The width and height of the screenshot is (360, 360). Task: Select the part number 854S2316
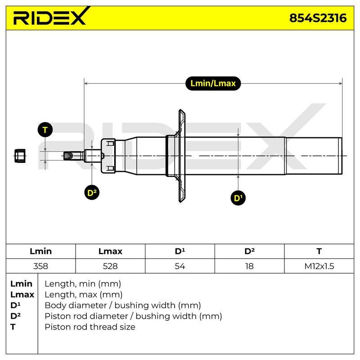[318, 18]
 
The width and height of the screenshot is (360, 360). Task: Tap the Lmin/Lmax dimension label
[213, 83]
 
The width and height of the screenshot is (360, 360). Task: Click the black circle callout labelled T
[45, 130]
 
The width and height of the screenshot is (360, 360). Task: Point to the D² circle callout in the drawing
[92, 193]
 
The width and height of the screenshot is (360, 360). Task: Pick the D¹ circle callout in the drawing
[238, 198]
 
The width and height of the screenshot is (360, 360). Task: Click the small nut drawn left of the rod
[20, 156]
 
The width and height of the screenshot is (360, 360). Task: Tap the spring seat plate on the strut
[181, 156]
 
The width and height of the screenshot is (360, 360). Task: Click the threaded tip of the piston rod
[68, 156]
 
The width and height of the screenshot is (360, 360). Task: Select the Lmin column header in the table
[40, 251]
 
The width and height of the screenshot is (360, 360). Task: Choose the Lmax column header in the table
[110, 251]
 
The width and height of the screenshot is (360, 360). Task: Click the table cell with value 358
[40, 266]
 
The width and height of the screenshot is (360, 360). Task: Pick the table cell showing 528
[110, 266]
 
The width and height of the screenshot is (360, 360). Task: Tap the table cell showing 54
[180, 266]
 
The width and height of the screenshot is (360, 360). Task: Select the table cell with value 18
[249, 266]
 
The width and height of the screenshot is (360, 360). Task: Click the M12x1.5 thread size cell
[319, 266]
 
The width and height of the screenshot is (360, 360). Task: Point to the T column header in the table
[319, 251]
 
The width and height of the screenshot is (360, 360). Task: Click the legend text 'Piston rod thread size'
[90, 327]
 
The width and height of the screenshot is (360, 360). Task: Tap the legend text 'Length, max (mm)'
[84, 295]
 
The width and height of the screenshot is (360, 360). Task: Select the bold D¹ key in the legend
[15, 306]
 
